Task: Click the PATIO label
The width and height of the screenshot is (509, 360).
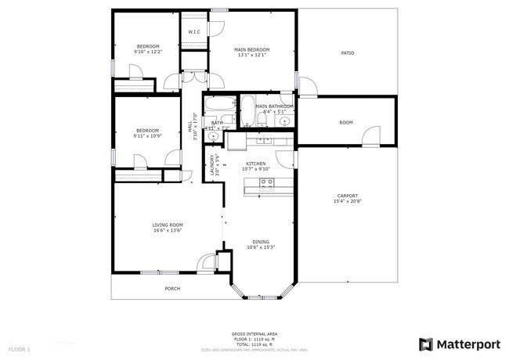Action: tap(348, 53)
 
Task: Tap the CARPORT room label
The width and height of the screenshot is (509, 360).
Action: tap(348, 196)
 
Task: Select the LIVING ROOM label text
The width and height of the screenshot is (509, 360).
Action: tap(168, 225)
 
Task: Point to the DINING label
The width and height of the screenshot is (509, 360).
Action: tap(260, 241)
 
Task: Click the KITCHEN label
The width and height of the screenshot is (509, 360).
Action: tap(257, 163)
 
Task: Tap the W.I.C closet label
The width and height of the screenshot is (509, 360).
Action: tap(194, 32)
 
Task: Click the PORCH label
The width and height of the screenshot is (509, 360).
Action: tap(172, 289)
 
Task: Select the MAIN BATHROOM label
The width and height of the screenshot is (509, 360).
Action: tap(274, 106)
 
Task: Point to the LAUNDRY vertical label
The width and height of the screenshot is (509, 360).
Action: tap(211, 164)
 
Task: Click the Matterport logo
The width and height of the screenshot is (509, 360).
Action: tap(458, 344)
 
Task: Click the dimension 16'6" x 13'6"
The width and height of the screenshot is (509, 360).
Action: tap(168, 231)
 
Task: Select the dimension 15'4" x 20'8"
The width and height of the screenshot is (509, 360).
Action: tap(348, 202)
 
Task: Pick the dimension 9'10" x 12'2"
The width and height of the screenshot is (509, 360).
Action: tap(148, 52)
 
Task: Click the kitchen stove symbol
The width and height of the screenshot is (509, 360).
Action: tap(266, 185)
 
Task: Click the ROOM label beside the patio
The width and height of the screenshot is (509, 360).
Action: tap(346, 123)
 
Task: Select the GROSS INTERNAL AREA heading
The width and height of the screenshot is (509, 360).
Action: tap(254, 333)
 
